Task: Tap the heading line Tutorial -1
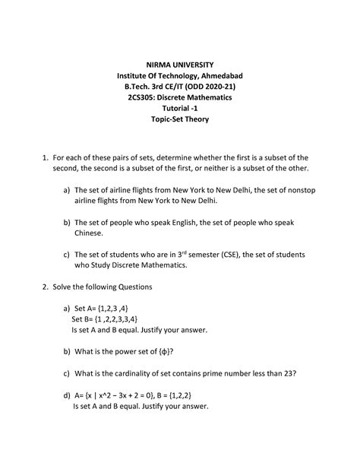coord(181,109)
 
